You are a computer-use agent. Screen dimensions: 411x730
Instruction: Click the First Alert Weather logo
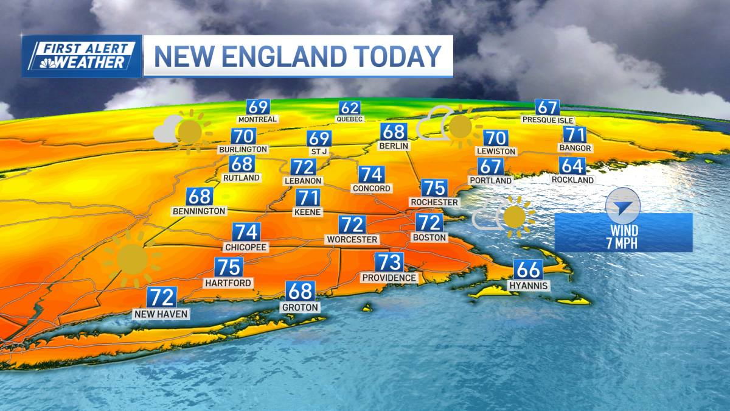click(x=82, y=56)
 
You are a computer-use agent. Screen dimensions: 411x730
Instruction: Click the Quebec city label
click(x=349, y=119)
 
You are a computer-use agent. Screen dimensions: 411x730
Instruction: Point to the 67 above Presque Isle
click(x=547, y=107)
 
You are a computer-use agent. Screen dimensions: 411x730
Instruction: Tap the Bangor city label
click(x=575, y=148)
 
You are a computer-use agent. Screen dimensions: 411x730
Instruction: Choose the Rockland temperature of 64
click(x=573, y=166)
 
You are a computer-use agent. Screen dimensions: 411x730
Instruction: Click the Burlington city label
click(x=243, y=149)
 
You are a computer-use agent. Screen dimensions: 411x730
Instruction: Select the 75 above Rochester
click(x=434, y=188)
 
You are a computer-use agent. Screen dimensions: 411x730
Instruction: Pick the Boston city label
click(x=429, y=237)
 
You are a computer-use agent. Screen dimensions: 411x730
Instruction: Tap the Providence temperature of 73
click(x=389, y=262)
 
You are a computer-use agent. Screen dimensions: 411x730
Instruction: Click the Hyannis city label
click(x=529, y=286)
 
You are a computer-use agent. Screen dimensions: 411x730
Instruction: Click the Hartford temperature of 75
click(x=229, y=267)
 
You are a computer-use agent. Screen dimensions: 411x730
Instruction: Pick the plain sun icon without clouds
click(x=131, y=259)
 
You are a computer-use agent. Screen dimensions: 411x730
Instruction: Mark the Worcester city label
click(x=352, y=239)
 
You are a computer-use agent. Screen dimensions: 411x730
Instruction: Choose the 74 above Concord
click(x=371, y=175)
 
